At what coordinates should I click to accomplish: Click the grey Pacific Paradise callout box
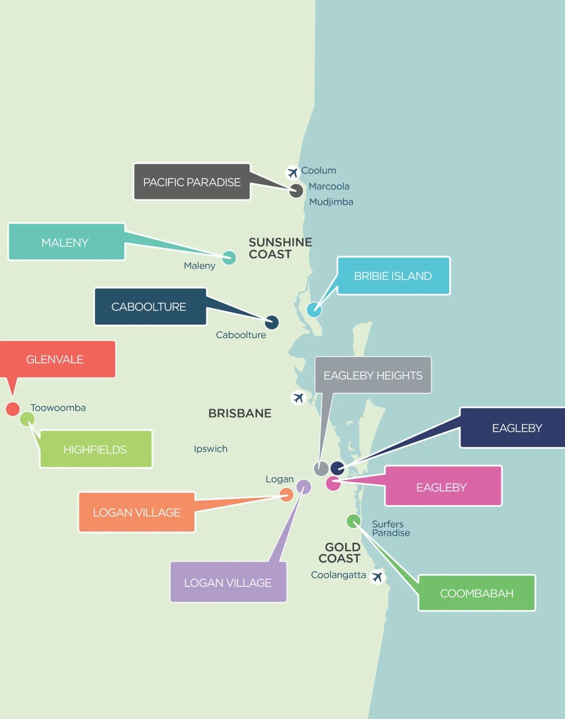192,181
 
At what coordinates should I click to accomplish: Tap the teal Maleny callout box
67,242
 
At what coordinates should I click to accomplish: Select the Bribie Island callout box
394,275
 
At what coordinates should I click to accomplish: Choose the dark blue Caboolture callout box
150,306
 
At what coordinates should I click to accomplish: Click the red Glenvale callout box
58,359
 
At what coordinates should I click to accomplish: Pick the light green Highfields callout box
96,449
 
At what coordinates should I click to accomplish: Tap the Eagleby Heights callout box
373,375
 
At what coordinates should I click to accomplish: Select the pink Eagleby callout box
444,486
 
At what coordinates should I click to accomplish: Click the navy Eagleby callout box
513,427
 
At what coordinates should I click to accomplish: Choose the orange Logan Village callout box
137,512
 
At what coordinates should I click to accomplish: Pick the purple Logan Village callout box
228,581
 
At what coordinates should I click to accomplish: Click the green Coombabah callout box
477,593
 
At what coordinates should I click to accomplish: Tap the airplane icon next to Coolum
292,173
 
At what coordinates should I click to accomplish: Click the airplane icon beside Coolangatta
377,577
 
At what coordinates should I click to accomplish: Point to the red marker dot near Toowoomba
13,409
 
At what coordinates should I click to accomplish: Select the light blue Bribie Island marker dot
314,310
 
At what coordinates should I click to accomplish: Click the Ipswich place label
211,449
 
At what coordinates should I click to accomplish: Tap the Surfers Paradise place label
391,528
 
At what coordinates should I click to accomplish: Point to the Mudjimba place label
331,202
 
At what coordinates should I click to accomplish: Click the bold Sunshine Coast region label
280,248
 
